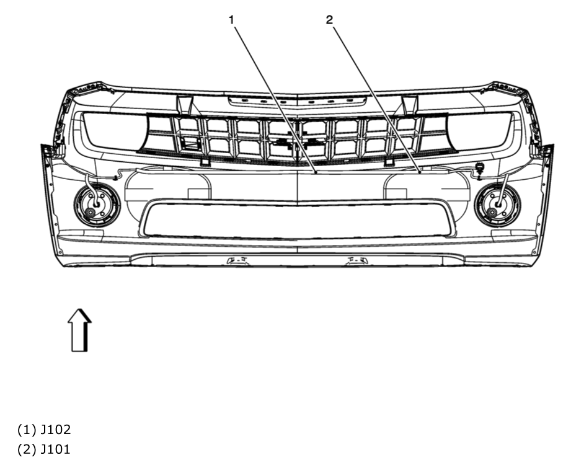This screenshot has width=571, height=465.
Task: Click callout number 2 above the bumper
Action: point(329,20)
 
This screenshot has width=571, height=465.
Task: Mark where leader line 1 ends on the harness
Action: point(316,174)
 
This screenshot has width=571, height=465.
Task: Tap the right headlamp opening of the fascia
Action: point(481,131)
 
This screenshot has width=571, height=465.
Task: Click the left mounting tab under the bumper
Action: point(236,260)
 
